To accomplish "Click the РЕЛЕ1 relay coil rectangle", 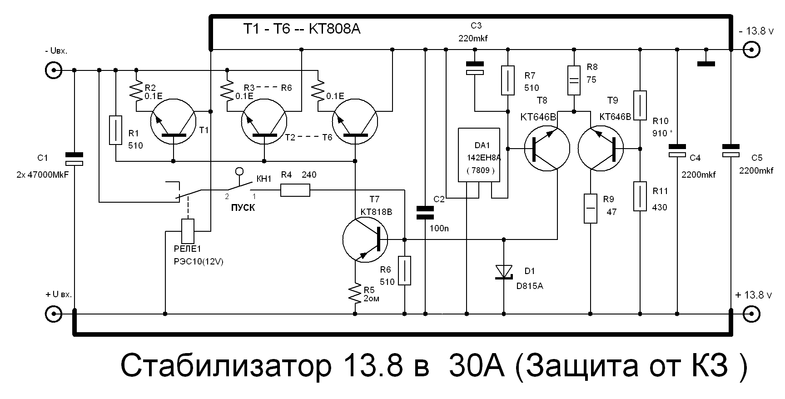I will click(188, 231).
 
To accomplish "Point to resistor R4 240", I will click(295, 190).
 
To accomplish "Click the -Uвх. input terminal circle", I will click(54, 70).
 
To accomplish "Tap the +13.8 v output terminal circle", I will click(751, 314).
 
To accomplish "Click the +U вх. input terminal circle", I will click(54, 314).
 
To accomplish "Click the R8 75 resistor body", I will click(574, 80).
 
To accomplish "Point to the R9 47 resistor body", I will click(590, 209).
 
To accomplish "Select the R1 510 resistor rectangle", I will click(116, 130).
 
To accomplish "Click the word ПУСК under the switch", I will click(243, 208).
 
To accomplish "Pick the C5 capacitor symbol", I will click(730, 150).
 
